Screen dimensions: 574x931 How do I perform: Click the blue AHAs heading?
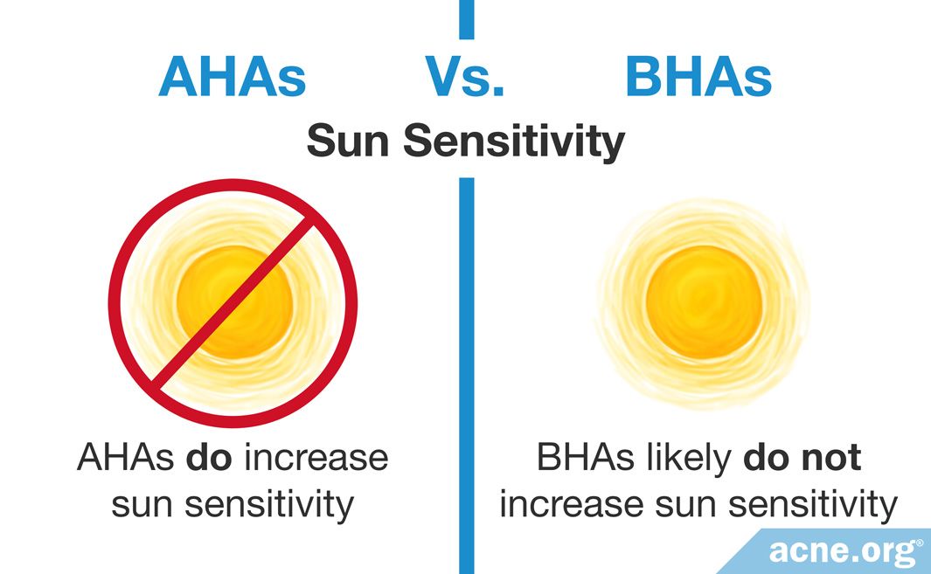233,77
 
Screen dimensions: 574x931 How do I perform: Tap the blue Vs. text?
465,77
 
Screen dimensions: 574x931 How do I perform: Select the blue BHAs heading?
698,77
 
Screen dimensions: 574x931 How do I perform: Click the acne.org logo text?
844,551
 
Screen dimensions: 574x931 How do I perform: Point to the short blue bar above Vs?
467,19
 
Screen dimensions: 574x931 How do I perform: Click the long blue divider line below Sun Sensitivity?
467,367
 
